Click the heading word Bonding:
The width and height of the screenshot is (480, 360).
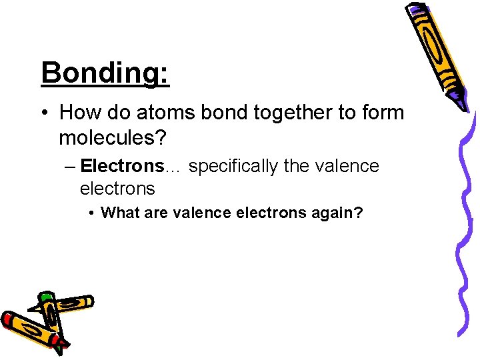tap(105, 73)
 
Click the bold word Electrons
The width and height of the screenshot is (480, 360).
tap(122, 166)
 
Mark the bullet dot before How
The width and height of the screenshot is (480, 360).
tap(45, 113)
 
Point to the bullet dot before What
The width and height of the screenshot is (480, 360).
tap(91, 213)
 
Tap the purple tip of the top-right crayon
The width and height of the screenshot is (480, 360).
tap(458, 102)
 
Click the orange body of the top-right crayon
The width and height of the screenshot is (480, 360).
tap(437, 53)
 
